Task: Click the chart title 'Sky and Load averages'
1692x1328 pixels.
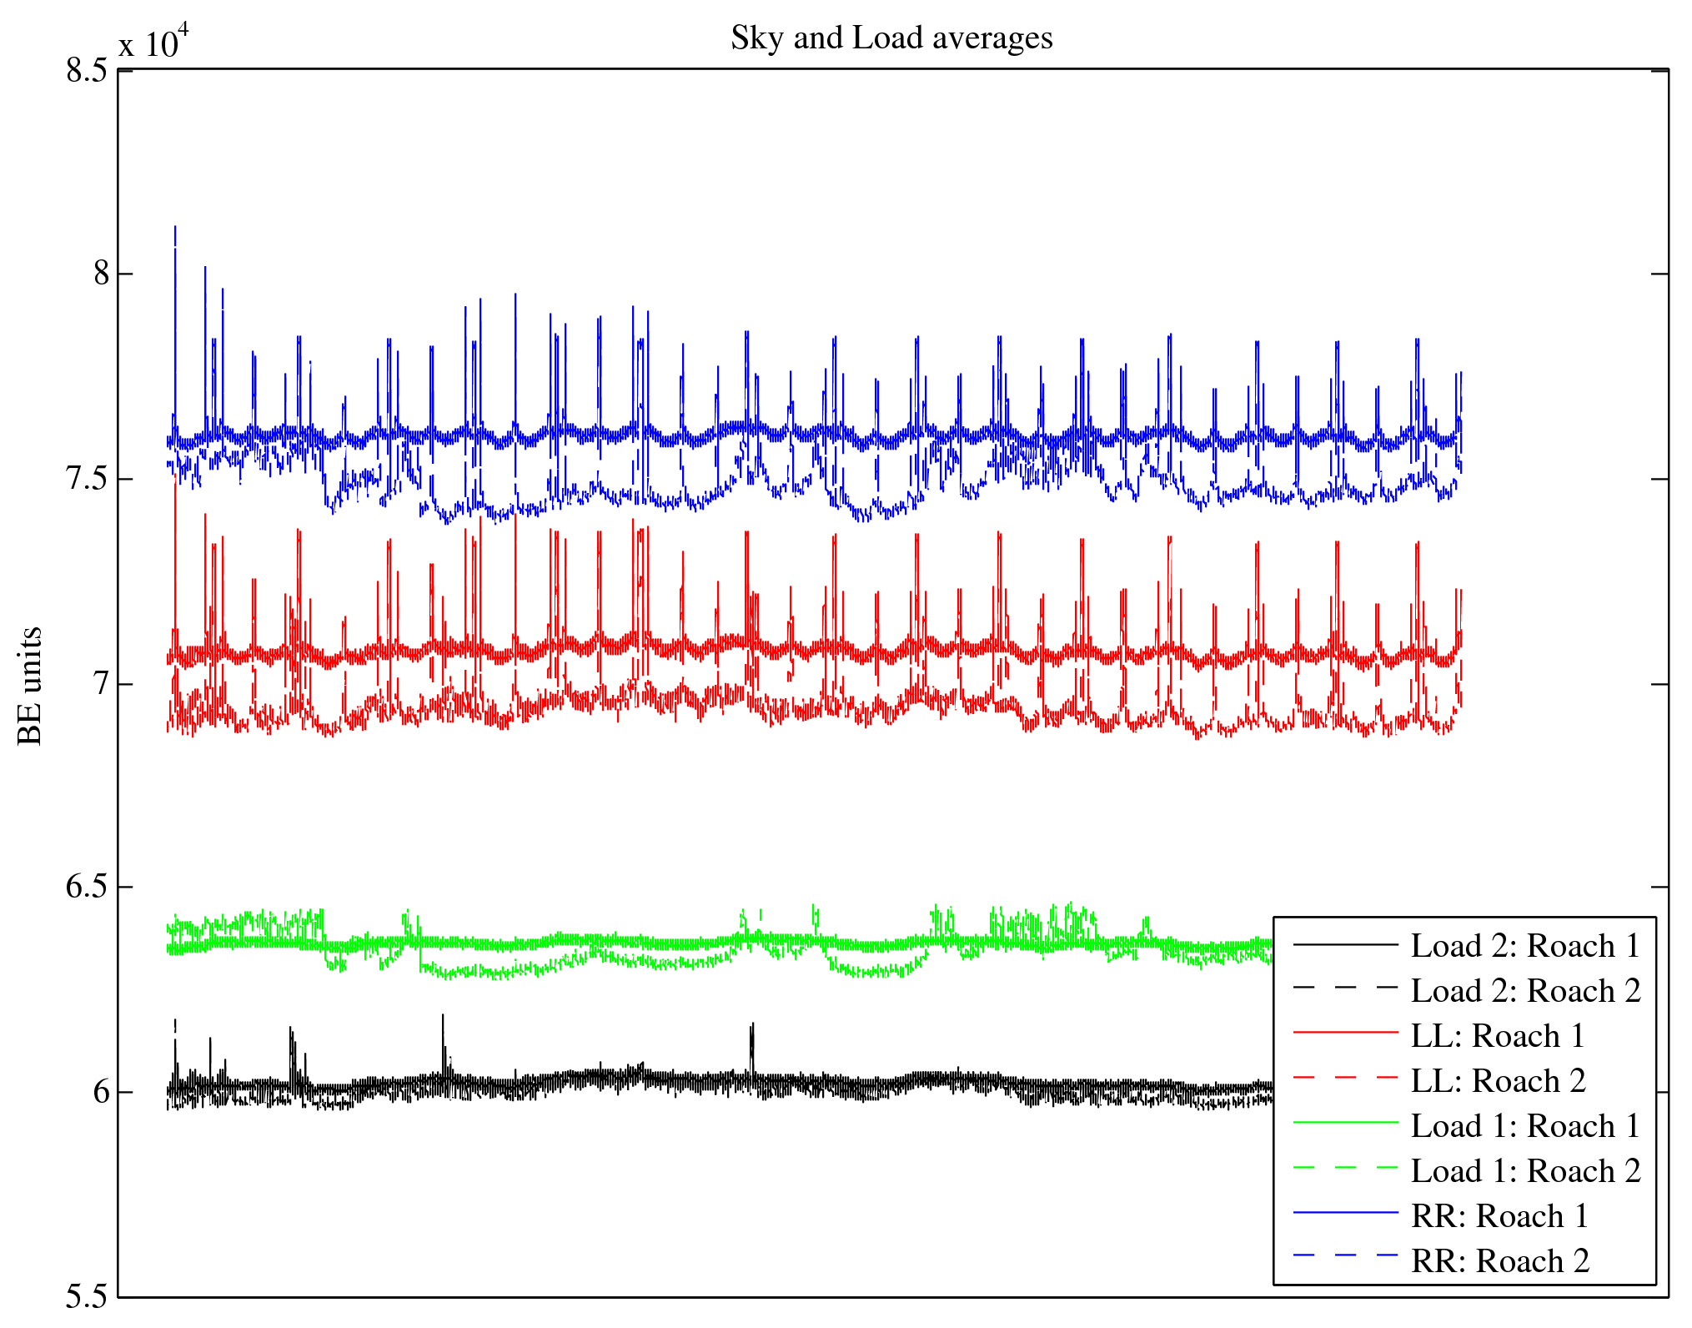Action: tap(891, 38)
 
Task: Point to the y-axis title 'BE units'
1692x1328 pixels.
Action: tap(30, 686)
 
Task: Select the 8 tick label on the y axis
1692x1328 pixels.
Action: tap(101, 274)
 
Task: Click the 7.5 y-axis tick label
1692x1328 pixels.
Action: tap(87, 479)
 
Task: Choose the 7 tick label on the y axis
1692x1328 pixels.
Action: tap(101, 684)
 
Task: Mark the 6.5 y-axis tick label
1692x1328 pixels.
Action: tap(87, 887)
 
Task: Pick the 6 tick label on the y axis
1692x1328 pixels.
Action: tap(101, 1092)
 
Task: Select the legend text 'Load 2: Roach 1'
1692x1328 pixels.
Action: tap(1525, 946)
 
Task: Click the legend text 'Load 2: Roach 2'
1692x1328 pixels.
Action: tap(1525, 991)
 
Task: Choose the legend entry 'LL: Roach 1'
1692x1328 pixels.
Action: tap(1497, 1036)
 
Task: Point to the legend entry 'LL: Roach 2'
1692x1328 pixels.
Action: tap(1498, 1081)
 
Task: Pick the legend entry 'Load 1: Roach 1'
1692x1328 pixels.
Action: tap(1525, 1126)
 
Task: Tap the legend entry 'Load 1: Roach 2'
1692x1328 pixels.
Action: tap(1525, 1171)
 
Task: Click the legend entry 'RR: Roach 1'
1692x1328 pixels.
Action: tap(1499, 1216)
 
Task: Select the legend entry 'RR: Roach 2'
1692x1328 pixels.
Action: tap(1499, 1261)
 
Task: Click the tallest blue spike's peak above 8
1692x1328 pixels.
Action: tap(175, 227)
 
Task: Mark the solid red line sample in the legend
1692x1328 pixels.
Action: tap(1345, 1033)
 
